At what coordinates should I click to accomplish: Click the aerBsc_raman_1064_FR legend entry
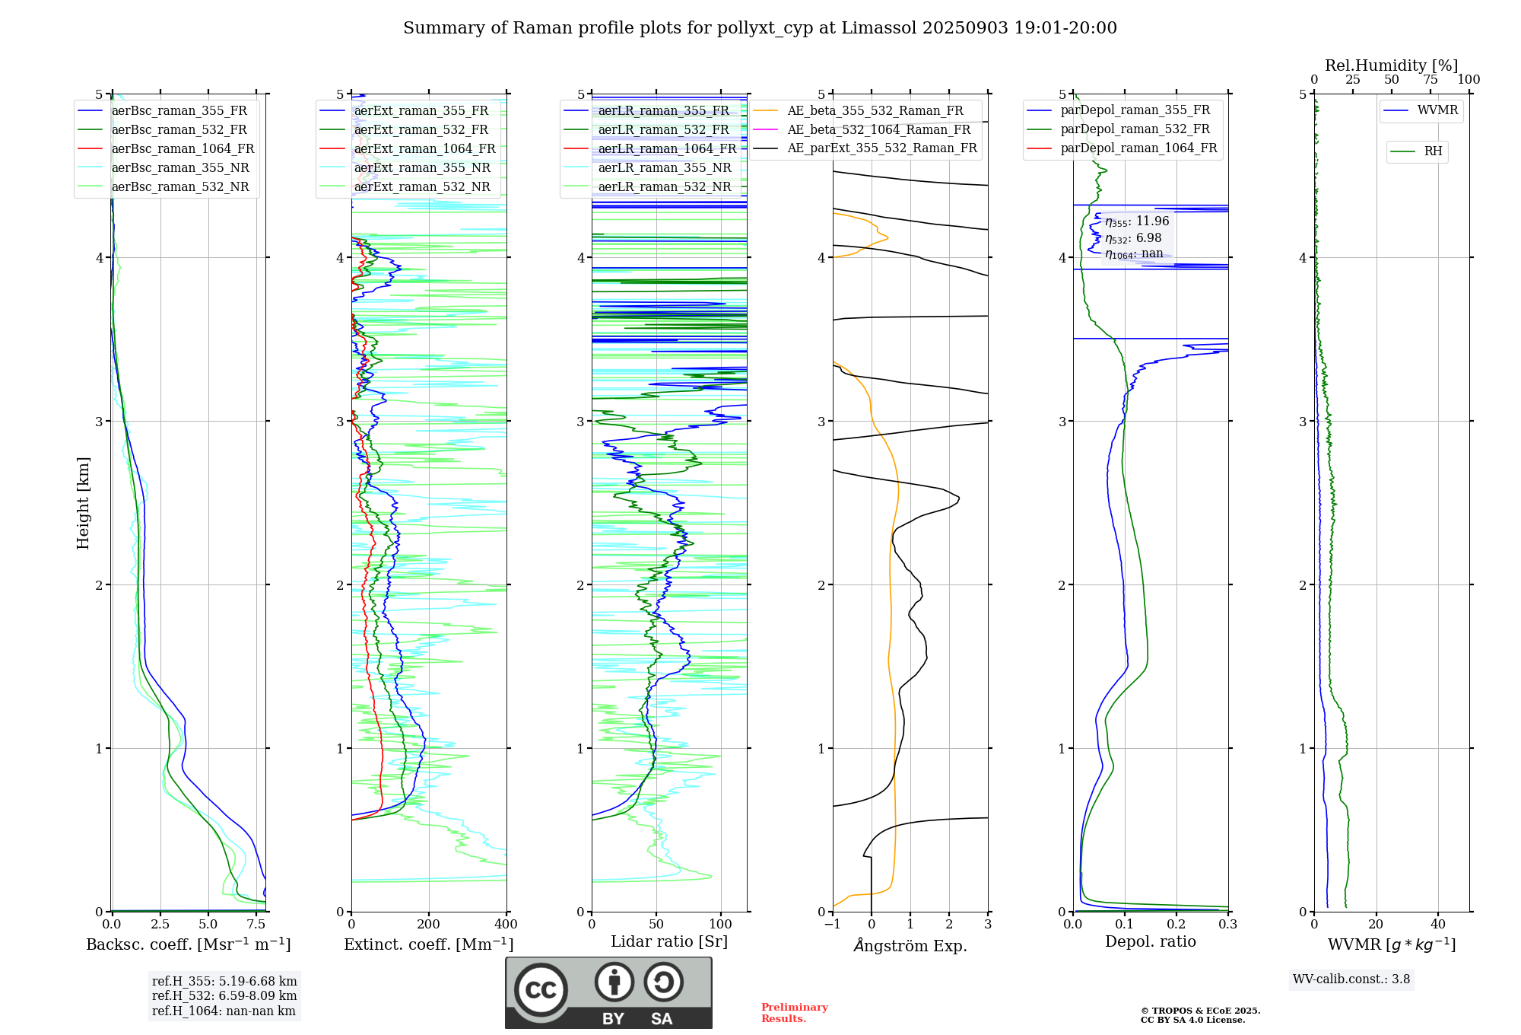183,149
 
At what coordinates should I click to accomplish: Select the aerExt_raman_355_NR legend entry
422,168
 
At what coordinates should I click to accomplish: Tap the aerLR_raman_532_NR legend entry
664,187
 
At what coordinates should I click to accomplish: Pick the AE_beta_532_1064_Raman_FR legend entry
878,130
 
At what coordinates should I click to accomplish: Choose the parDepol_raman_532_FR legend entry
1135,129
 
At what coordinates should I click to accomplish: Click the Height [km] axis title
83,503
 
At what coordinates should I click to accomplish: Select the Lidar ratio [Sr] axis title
669,942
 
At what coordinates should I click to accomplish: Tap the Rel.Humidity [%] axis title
1391,65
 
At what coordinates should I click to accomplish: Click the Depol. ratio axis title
1150,942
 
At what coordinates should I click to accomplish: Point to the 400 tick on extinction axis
506,925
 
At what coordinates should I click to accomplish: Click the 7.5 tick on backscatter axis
256,925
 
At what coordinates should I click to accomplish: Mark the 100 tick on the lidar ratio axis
720,925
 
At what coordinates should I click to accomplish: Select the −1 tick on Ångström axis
833,925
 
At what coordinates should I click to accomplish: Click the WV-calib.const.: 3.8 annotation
1351,979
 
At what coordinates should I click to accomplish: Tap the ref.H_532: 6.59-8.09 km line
224,996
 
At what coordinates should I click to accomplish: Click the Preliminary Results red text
794,1013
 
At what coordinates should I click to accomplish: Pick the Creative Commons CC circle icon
541,990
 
